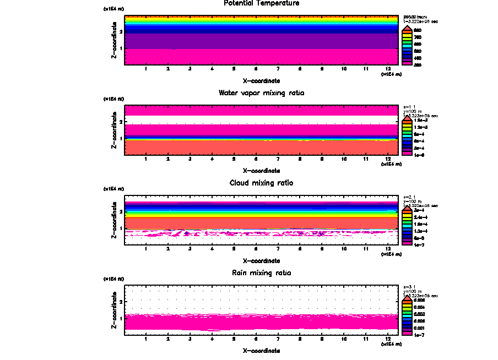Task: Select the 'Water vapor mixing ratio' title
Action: pos(261,93)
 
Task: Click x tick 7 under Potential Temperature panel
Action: pos(278,69)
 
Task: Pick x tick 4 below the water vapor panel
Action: pos(212,159)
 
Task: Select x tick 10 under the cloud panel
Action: pos(344,249)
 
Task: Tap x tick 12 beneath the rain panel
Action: pos(388,339)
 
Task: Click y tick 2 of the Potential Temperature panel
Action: pos(121,31)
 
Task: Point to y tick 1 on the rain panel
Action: pos(121,318)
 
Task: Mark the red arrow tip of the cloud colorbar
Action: pos(407,207)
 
